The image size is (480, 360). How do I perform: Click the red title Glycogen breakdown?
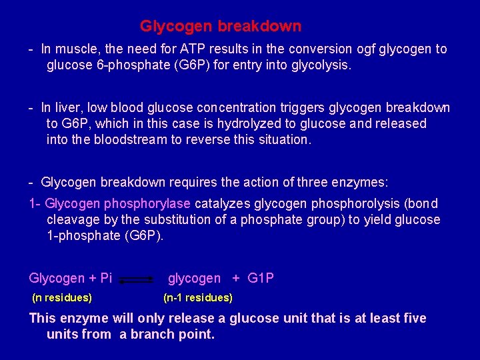click(220, 27)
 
